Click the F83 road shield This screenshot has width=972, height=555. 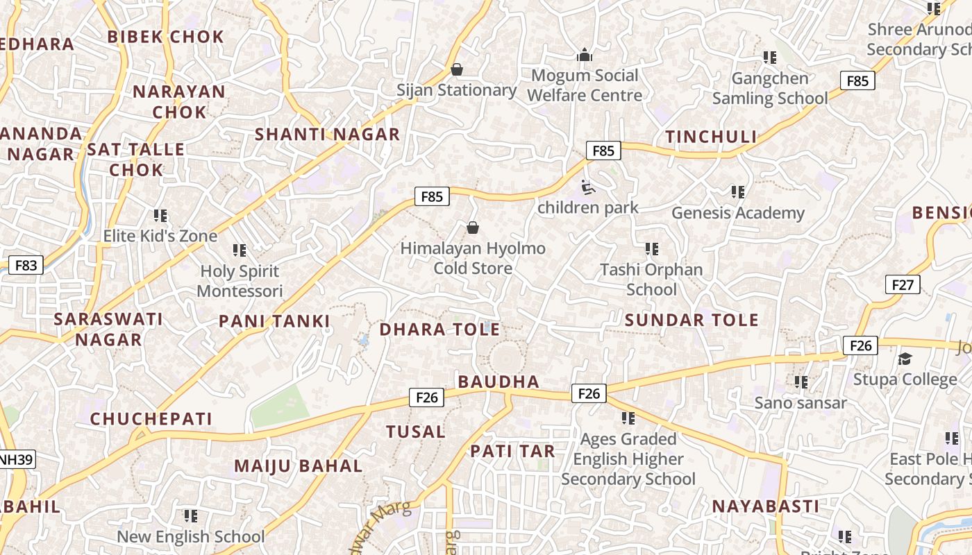[x=26, y=265]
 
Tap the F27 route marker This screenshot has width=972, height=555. [x=903, y=284]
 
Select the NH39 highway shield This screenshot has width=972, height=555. [x=16, y=459]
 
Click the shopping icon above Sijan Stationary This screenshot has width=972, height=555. [x=457, y=69]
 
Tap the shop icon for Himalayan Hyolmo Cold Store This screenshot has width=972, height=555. [x=473, y=228]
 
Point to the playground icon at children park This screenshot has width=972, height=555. [x=587, y=187]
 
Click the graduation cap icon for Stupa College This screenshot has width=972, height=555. [x=905, y=359]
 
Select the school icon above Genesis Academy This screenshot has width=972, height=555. [x=737, y=191]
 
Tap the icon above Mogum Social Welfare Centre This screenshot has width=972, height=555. [x=585, y=55]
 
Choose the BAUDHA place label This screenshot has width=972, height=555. [x=498, y=382]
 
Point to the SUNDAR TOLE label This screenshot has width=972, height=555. [x=692, y=320]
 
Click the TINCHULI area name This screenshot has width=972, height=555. [x=711, y=137]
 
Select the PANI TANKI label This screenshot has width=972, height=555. [x=274, y=321]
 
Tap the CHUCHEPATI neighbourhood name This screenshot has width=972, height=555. [x=151, y=419]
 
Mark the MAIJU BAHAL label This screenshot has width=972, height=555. [x=298, y=466]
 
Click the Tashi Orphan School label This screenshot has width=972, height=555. [x=651, y=279]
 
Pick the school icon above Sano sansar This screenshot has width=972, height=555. [x=801, y=382]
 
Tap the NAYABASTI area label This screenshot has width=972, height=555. [x=765, y=506]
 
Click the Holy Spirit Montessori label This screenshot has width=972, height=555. [x=240, y=281]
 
